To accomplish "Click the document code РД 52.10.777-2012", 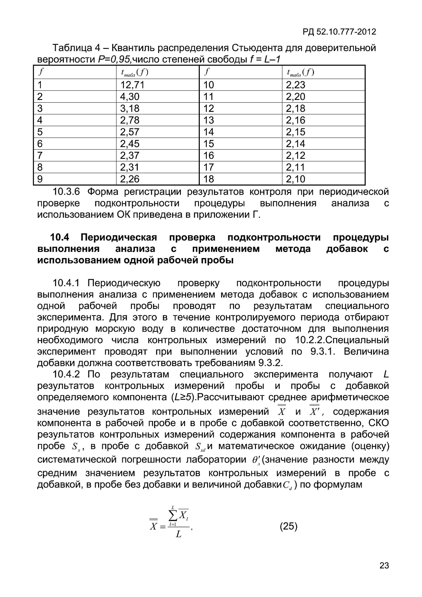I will [x=339, y=32].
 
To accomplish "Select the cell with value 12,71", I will [x=132, y=85].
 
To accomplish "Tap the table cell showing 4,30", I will [x=130, y=97].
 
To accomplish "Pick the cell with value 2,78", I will [x=130, y=120].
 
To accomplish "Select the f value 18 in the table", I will [x=209, y=179].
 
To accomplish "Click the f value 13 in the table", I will [x=209, y=120].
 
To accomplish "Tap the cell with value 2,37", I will [x=130, y=155].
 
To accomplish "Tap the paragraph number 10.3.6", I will [x=66, y=192].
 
